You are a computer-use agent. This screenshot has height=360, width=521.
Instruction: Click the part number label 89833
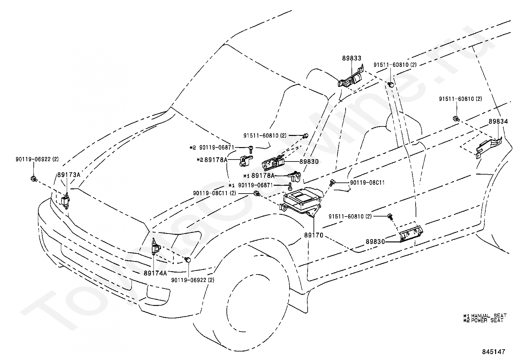click(x=351, y=58)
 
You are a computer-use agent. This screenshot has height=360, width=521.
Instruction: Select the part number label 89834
click(x=498, y=121)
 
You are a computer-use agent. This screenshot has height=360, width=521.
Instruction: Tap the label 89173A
click(x=69, y=175)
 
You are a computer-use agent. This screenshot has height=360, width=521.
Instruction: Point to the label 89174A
click(x=155, y=273)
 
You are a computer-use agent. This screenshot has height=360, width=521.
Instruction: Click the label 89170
click(x=314, y=235)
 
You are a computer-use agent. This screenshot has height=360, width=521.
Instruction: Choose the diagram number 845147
click(x=494, y=351)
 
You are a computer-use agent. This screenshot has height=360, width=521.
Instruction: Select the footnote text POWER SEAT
click(x=487, y=320)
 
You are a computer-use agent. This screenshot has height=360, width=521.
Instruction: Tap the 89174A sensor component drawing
click(x=155, y=247)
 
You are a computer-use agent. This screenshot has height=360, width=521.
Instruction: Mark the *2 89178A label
click(x=212, y=160)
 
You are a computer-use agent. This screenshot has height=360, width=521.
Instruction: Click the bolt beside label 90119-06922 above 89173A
click(x=33, y=179)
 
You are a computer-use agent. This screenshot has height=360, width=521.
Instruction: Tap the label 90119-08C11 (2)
click(x=214, y=193)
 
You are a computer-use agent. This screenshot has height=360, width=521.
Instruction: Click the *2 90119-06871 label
click(x=212, y=147)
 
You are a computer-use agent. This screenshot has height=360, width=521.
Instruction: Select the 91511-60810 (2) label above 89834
click(x=460, y=99)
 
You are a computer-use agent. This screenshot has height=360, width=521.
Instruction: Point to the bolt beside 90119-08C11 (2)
click(x=257, y=193)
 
